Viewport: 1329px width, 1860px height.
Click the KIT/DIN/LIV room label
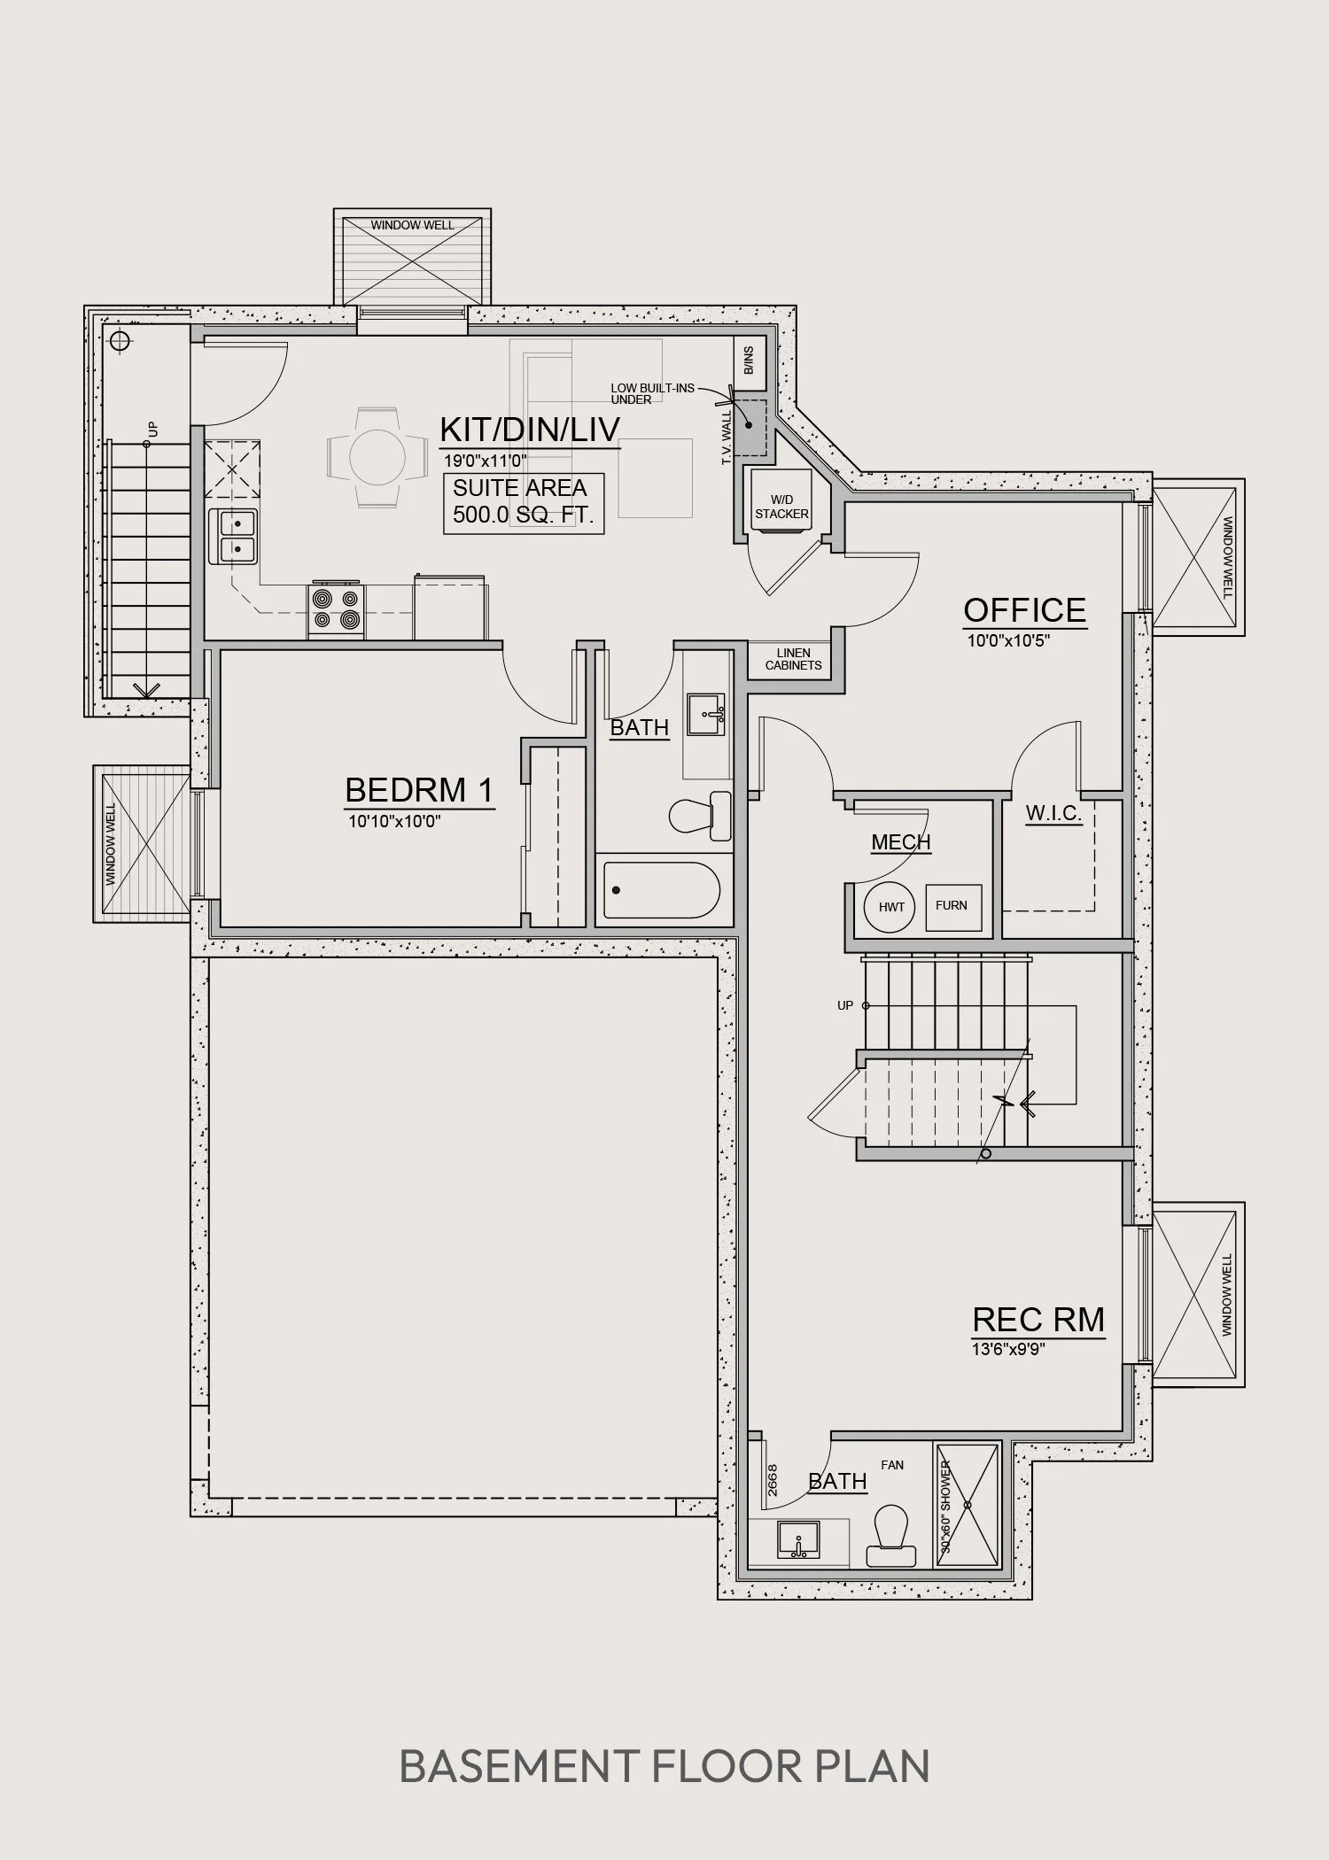(x=530, y=430)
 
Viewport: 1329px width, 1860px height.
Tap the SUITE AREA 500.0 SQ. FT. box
(x=524, y=503)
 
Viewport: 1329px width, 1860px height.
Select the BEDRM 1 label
(x=419, y=789)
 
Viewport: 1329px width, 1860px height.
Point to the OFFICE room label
(x=1025, y=610)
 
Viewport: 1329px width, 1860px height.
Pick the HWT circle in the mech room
(x=890, y=907)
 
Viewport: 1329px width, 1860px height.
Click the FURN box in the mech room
(x=953, y=907)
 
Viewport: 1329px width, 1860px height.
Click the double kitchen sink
(x=234, y=537)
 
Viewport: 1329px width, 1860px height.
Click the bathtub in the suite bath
(x=662, y=890)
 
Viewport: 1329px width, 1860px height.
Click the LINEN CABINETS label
(x=794, y=659)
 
